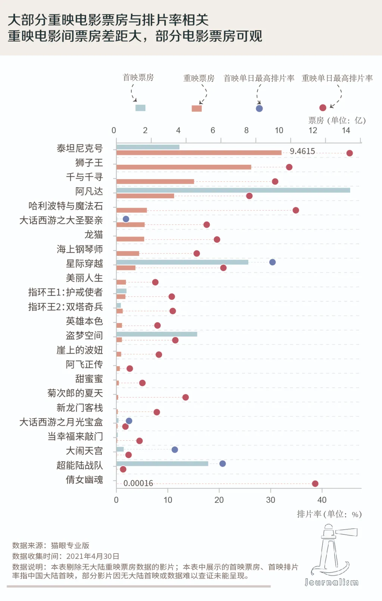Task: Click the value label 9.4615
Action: coord(302,151)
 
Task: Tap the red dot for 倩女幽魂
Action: coord(315,483)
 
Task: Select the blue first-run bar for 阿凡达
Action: coord(233,190)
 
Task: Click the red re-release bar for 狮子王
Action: coord(184,167)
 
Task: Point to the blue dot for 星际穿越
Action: coord(272,262)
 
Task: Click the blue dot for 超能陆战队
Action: coord(222,464)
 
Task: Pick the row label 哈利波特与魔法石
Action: coord(66,206)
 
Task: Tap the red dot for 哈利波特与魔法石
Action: coord(296,210)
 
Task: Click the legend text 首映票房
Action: coord(138,78)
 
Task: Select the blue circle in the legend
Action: coord(259,108)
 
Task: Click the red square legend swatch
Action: coord(197,108)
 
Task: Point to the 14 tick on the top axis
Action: coord(346,130)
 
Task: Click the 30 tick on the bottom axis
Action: coord(271,500)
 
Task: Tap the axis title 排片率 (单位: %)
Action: coord(329,514)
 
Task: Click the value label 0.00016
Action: coord(138,483)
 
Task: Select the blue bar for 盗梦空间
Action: coord(157,334)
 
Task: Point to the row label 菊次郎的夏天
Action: coord(75,393)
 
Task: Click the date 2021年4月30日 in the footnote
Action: coord(93,556)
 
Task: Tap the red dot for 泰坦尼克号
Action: coord(349,153)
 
